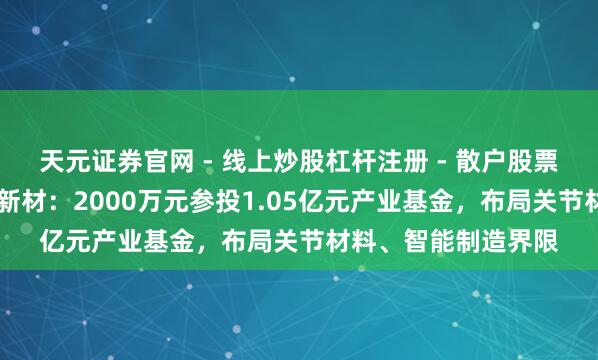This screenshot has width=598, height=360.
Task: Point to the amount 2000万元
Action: (x=104, y=198)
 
